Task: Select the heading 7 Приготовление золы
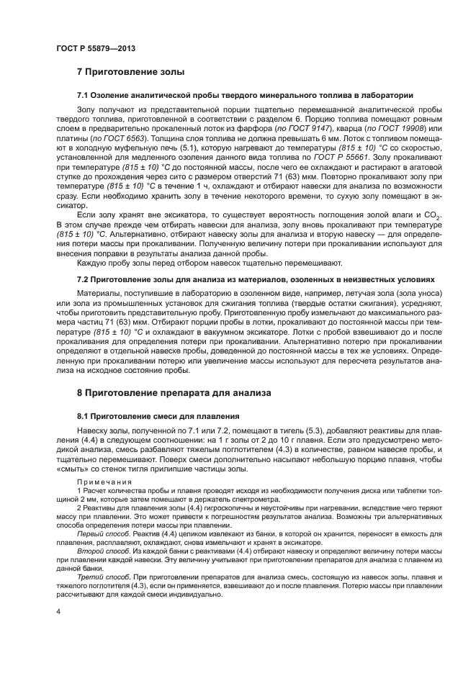point(130,72)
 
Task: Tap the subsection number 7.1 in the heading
point(83,95)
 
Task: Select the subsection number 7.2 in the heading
point(83,279)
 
